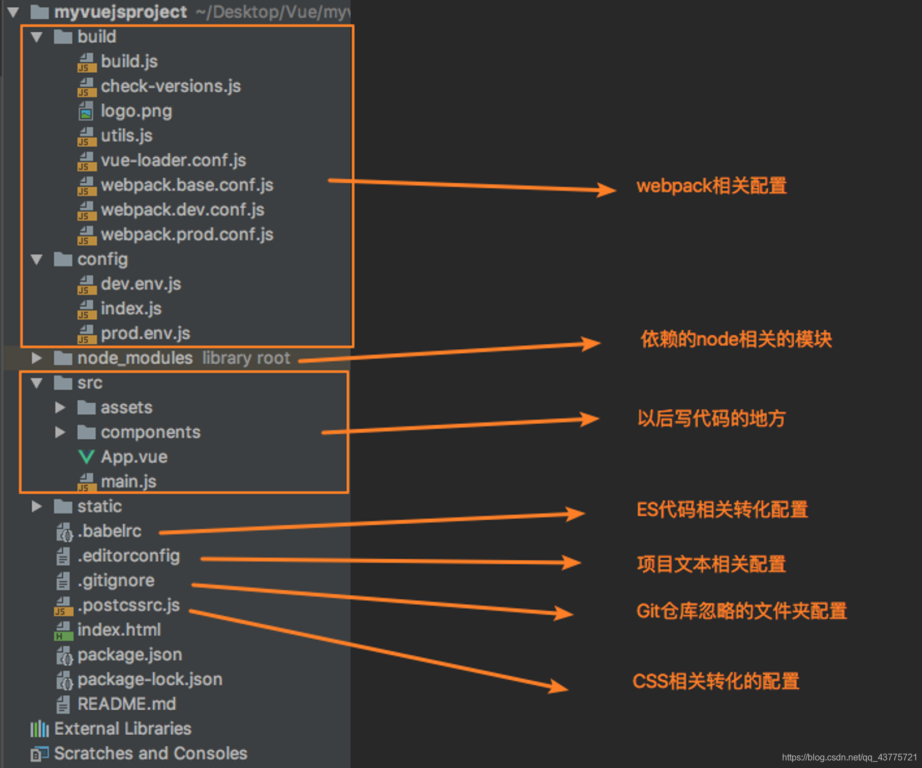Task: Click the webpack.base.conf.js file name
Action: pyautogui.click(x=187, y=185)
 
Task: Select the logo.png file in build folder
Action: pyautogui.click(x=136, y=111)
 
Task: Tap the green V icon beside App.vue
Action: pyautogui.click(x=86, y=457)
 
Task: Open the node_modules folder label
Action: pyautogui.click(x=135, y=358)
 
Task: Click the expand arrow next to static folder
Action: pyautogui.click(x=37, y=506)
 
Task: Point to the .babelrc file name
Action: pyautogui.click(x=109, y=531)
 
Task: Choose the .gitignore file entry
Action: pyautogui.click(x=115, y=581)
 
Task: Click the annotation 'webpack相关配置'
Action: pyautogui.click(x=711, y=186)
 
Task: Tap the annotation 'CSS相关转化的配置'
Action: pyautogui.click(x=716, y=681)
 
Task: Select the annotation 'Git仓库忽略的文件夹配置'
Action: pyautogui.click(x=741, y=611)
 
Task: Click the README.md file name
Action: pyautogui.click(x=127, y=704)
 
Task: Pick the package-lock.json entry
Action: pyautogui.click(x=149, y=680)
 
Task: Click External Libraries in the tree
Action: pyautogui.click(x=123, y=729)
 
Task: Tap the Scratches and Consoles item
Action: pyautogui.click(x=150, y=754)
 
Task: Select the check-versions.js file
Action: pyautogui.click(x=170, y=86)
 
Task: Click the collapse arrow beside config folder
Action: pyautogui.click(x=37, y=259)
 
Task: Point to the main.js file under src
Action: pyautogui.click(x=128, y=481)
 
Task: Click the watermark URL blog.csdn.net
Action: pyautogui.click(x=849, y=757)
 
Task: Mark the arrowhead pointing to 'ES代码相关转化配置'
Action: pyautogui.click(x=576, y=514)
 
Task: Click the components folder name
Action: pyautogui.click(x=150, y=432)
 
